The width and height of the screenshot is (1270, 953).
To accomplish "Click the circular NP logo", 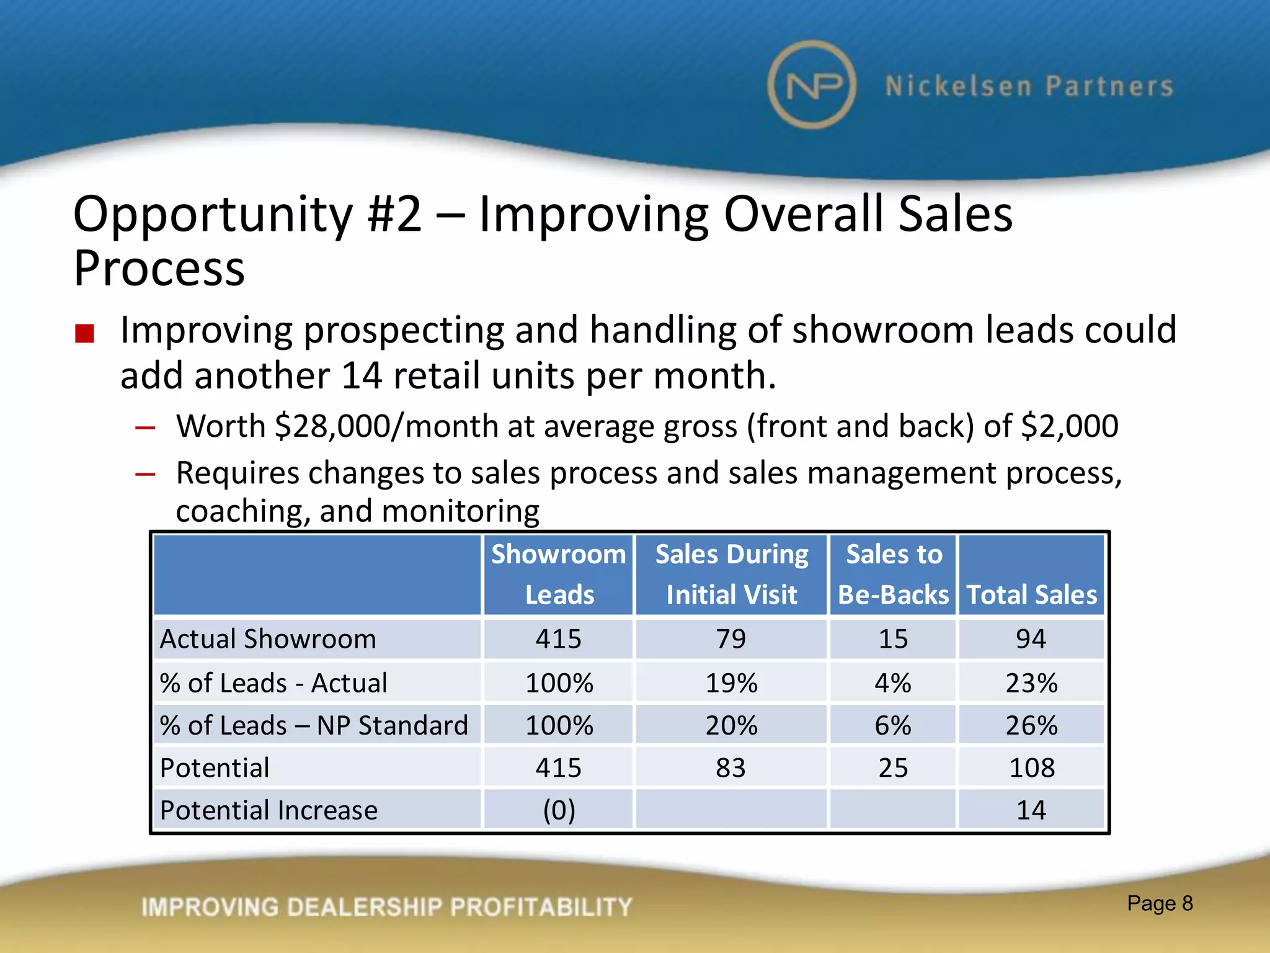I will click(x=812, y=85).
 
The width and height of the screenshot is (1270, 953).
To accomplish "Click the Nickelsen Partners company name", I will click(x=1029, y=86).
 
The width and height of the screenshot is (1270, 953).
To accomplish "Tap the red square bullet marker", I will click(x=84, y=333).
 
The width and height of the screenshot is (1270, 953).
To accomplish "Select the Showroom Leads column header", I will click(x=559, y=575).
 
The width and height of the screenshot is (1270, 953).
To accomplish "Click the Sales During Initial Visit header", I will click(x=732, y=575).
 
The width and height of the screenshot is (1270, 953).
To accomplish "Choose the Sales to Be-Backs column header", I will click(x=894, y=575).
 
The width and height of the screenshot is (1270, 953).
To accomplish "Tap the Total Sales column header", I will click(x=1032, y=594).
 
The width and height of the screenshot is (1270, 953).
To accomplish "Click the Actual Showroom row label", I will click(x=268, y=639).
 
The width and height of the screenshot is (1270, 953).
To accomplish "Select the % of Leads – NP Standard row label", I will click(x=314, y=725).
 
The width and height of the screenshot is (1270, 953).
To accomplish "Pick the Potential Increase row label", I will click(x=269, y=810).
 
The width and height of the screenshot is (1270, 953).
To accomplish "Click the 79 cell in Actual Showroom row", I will click(x=731, y=639).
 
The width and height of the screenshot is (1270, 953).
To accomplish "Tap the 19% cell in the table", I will click(x=731, y=683).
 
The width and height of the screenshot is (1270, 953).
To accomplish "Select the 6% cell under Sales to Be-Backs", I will click(x=893, y=725).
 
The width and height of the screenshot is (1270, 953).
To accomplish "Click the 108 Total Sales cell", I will click(x=1032, y=768).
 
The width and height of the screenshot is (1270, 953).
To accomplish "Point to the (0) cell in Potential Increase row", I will click(x=559, y=810).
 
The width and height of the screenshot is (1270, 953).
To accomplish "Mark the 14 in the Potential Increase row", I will click(x=1031, y=810).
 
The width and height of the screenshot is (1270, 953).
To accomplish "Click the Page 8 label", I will click(x=1160, y=903).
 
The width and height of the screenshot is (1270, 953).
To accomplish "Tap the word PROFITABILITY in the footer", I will click(x=541, y=907).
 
